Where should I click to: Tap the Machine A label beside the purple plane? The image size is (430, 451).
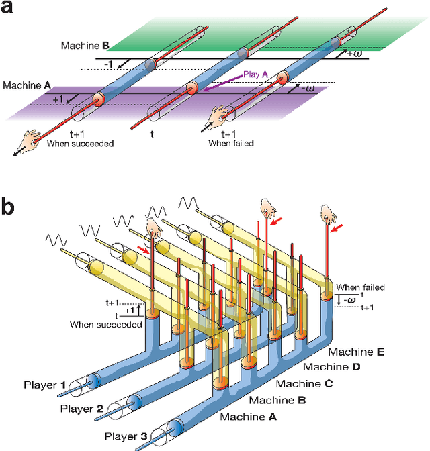coord(27,85)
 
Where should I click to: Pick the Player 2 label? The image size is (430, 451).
coord(81,407)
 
